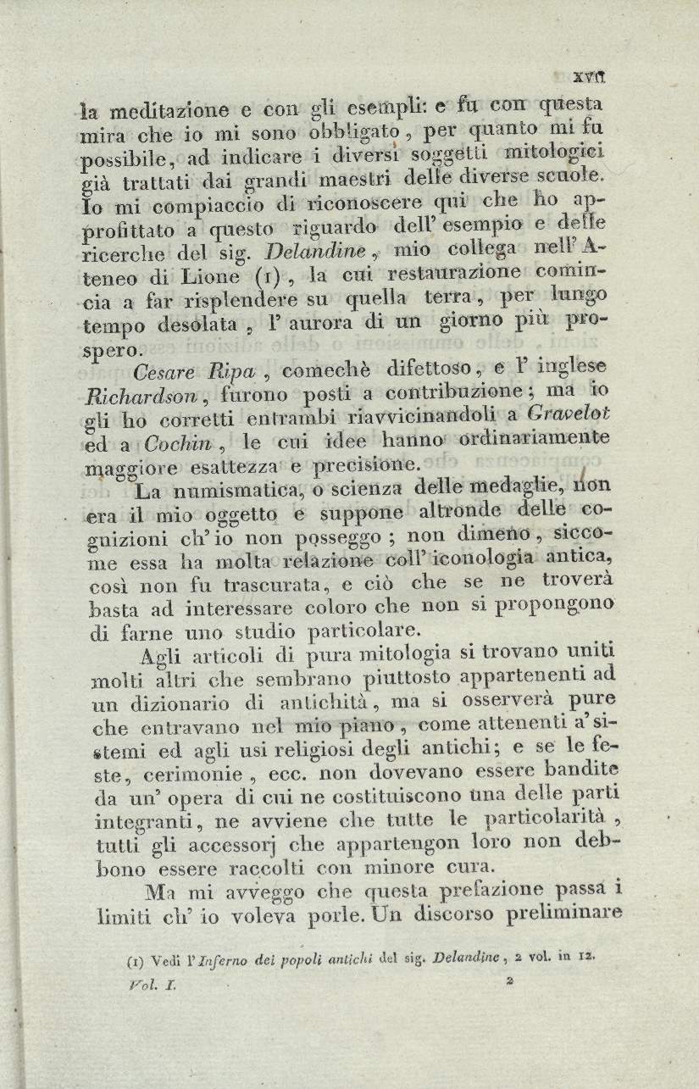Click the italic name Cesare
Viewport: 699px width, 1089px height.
(164, 371)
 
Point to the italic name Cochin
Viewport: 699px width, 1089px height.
(170, 442)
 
